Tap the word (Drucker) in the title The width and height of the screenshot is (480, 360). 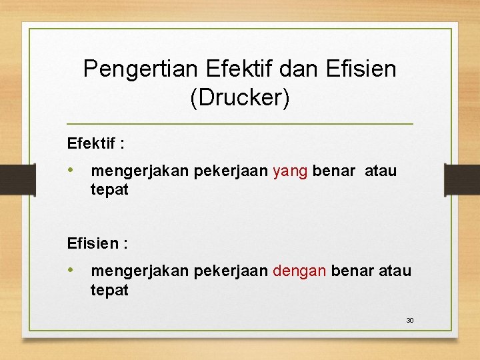[x=240, y=97]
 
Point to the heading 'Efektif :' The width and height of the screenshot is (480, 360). [x=96, y=143]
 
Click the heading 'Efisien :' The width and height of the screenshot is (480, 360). [x=97, y=243]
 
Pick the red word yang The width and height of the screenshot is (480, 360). [x=290, y=171]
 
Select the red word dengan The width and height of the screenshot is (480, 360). [x=299, y=271]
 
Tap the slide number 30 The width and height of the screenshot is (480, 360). [x=410, y=321]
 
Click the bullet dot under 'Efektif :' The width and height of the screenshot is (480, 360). [x=71, y=171]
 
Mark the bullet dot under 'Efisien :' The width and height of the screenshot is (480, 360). [x=71, y=271]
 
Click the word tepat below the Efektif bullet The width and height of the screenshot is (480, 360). [x=109, y=190]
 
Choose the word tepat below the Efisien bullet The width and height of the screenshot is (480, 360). [x=109, y=290]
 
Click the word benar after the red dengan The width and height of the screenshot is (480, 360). [x=353, y=271]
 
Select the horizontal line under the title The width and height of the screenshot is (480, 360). [x=240, y=124]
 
